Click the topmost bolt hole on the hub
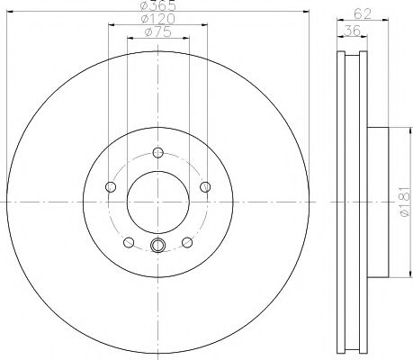[158, 151]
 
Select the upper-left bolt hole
[111, 186]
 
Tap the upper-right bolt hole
[205, 186]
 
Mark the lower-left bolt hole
[129, 241]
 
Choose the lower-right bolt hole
[187, 241]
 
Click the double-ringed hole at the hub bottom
[158, 246]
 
